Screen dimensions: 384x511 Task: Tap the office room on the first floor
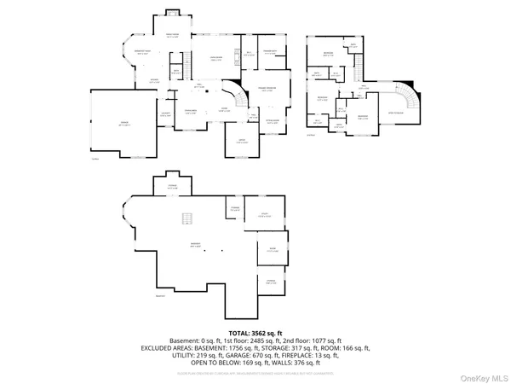coord(241,142)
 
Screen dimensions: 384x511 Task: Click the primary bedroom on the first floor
coord(267,89)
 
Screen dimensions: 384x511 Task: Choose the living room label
coord(216,59)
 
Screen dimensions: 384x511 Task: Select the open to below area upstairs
coord(398,111)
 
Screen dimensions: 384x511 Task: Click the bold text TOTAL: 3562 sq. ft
coord(255,332)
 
